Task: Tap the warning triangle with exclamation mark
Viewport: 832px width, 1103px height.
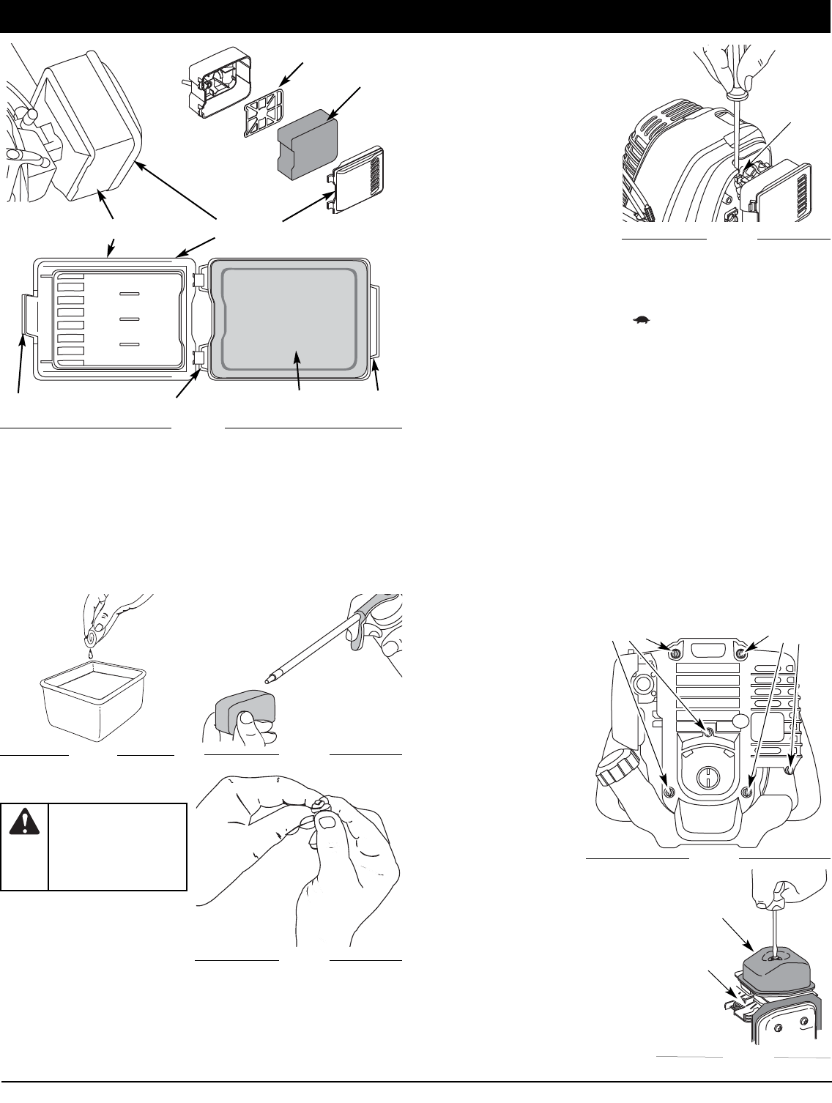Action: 23,825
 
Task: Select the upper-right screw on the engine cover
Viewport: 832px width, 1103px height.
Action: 743,653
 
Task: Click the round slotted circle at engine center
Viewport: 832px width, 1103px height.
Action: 708,775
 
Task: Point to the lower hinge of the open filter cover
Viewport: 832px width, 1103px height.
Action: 198,358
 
